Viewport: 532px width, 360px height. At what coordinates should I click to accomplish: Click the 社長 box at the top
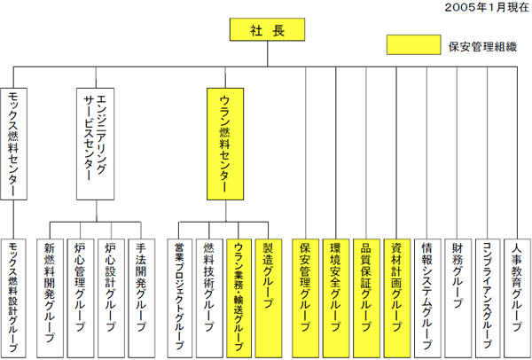[268, 29]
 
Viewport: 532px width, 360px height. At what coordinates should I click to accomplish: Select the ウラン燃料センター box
[225, 144]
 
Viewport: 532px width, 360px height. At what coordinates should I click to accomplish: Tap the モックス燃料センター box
[13, 144]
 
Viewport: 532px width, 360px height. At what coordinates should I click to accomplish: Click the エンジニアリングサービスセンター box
[96, 144]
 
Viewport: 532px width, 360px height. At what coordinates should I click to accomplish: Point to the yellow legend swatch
[413, 44]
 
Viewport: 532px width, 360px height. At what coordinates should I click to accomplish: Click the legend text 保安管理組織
[482, 47]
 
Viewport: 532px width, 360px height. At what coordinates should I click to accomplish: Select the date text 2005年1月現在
[487, 7]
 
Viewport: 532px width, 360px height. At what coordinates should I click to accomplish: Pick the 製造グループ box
[269, 298]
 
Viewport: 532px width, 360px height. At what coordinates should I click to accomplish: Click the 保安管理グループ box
[305, 298]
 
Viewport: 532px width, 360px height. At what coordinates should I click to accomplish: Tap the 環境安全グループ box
[336, 298]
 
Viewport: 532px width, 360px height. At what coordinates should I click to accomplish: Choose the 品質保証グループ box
[366, 298]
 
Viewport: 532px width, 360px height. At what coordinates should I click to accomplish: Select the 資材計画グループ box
[397, 298]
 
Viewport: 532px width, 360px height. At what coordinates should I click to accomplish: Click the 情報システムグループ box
[427, 298]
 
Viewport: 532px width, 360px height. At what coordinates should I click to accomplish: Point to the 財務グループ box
[458, 298]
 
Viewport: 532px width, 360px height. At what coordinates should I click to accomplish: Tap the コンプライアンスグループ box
[488, 298]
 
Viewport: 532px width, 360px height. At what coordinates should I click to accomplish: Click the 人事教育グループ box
[518, 298]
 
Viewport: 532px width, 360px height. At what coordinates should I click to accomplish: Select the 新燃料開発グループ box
[50, 298]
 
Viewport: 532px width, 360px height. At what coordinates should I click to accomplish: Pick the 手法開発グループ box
[142, 298]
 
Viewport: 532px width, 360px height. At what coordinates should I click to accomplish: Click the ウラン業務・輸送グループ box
[239, 298]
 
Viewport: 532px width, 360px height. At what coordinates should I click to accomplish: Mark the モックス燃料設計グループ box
[13, 298]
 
